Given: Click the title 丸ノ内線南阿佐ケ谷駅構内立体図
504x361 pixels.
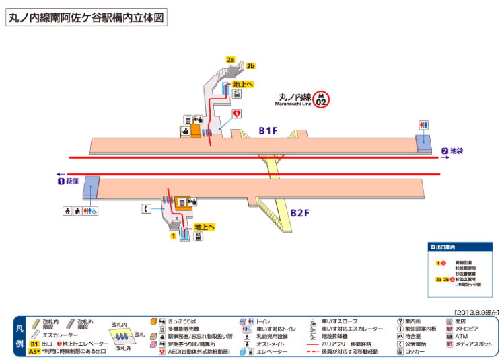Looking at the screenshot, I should pyautogui.click(x=85, y=18).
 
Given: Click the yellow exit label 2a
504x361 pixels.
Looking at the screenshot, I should pyautogui.click(x=231, y=60).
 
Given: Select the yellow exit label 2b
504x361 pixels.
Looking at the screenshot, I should pyautogui.click(x=250, y=66).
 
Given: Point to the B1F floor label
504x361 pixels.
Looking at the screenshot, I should pyautogui.click(x=268, y=130).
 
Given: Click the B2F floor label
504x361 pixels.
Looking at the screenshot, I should pyautogui.click(x=299, y=213).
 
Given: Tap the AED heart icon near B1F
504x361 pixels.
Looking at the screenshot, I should pyautogui.click(x=237, y=114).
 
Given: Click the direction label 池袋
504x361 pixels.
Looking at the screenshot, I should pyautogui.click(x=457, y=151).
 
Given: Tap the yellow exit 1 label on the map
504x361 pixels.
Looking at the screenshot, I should pyautogui.click(x=174, y=236).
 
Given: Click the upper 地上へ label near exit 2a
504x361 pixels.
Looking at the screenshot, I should pyautogui.click(x=242, y=85).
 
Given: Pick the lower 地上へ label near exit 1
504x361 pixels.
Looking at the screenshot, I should pyautogui.click(x=204, y=227).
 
